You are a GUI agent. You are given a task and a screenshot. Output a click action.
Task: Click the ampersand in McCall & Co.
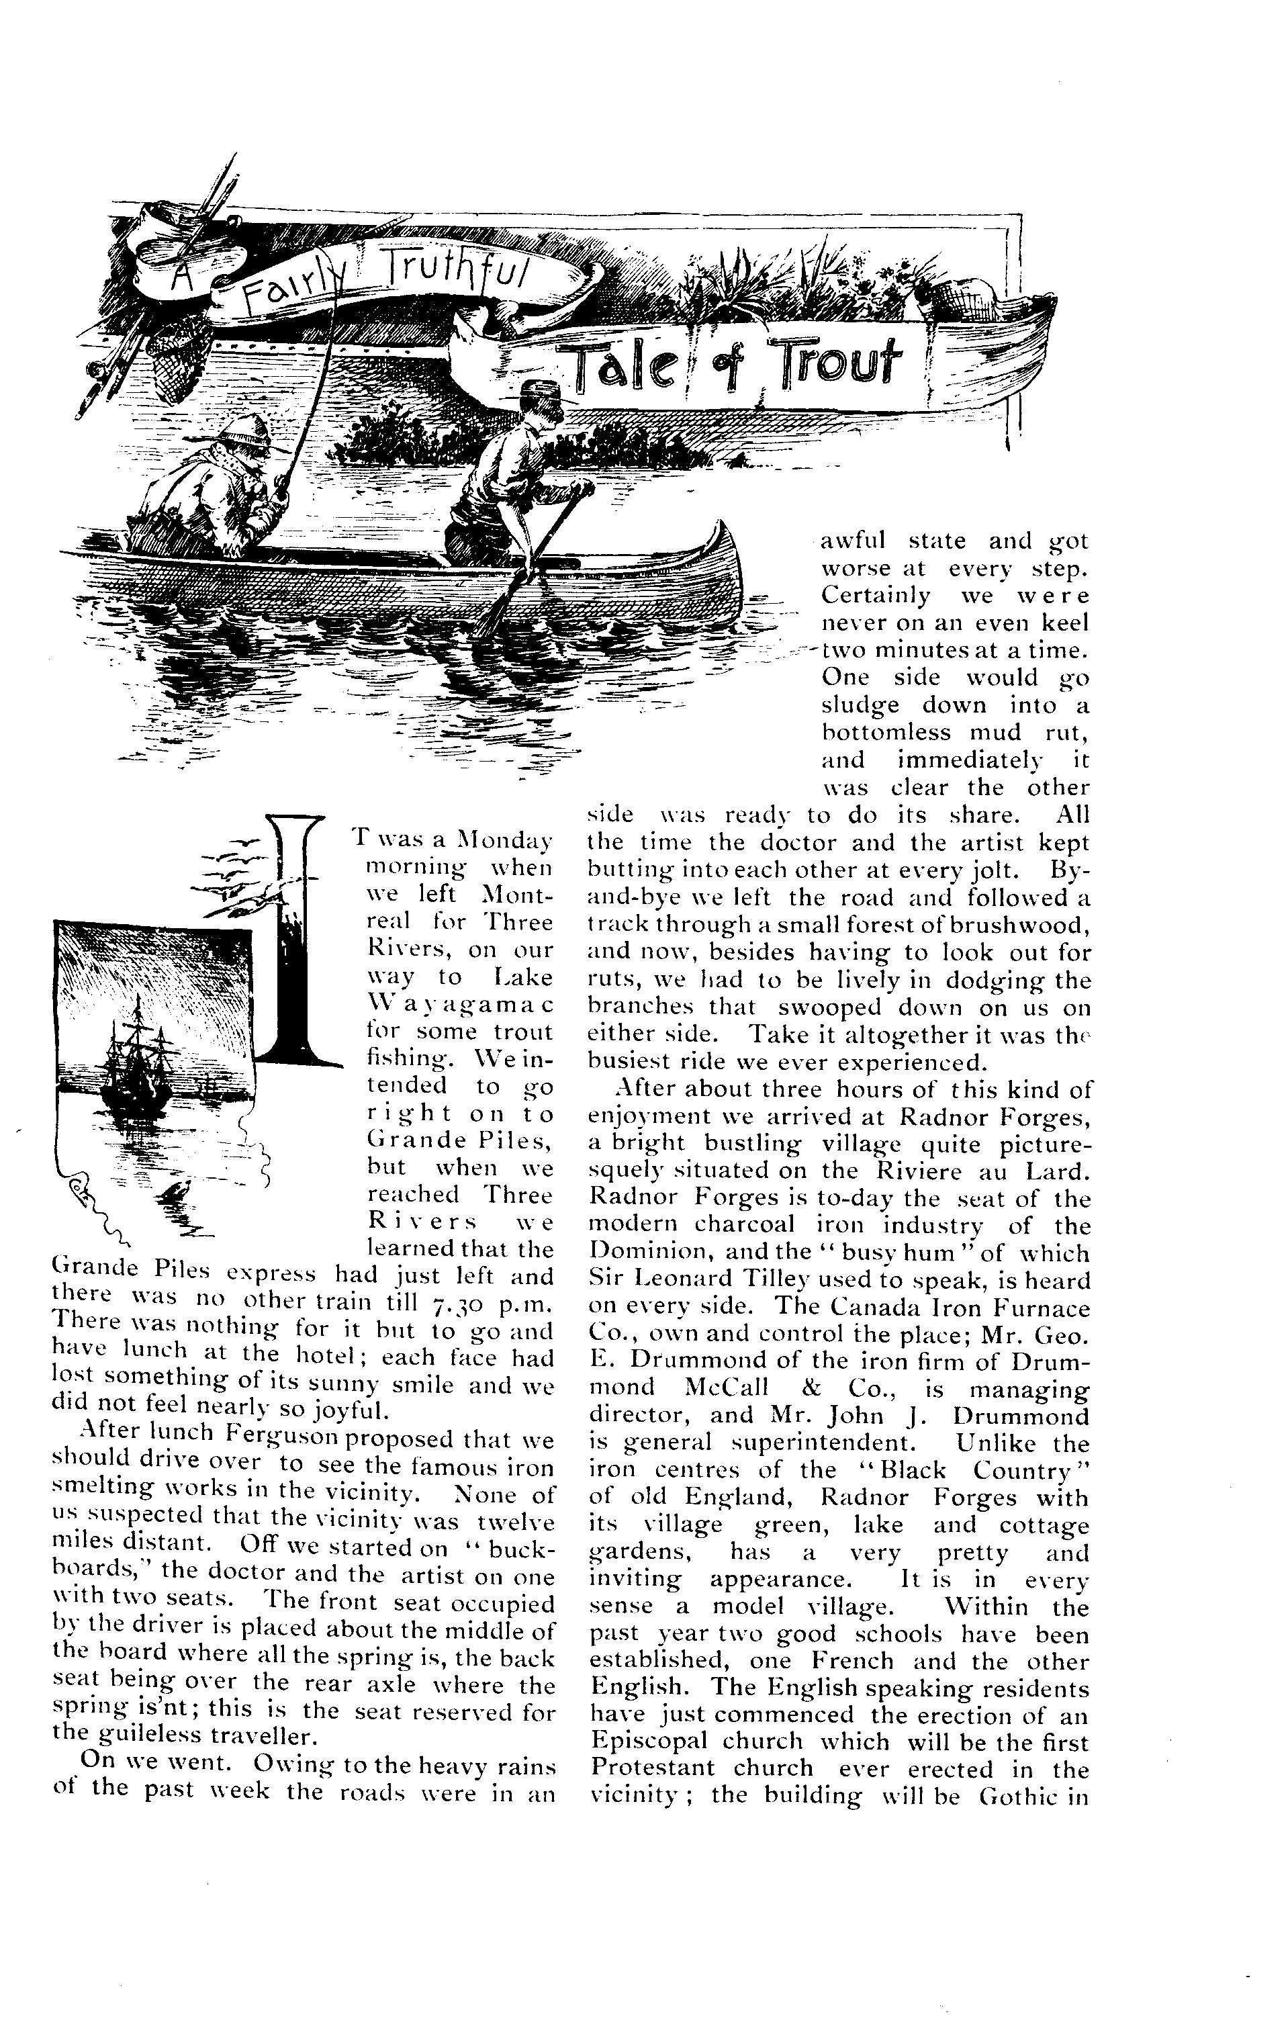tap(800, 1390)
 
